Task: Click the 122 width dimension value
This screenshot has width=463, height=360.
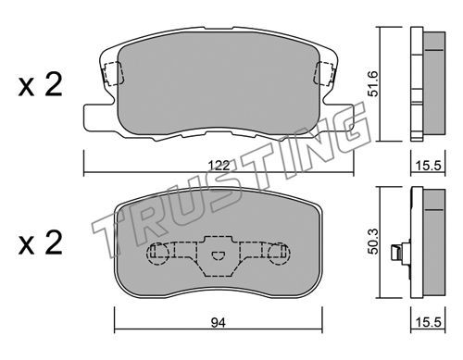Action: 219,166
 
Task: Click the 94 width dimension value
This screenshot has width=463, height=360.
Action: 219,323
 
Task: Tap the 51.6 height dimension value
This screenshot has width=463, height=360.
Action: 373,83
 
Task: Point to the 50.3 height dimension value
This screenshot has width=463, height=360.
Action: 373,242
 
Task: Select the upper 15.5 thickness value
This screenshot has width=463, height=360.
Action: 429,166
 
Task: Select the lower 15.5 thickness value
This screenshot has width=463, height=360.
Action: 429,323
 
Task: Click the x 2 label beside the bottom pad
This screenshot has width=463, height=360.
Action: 40,243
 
